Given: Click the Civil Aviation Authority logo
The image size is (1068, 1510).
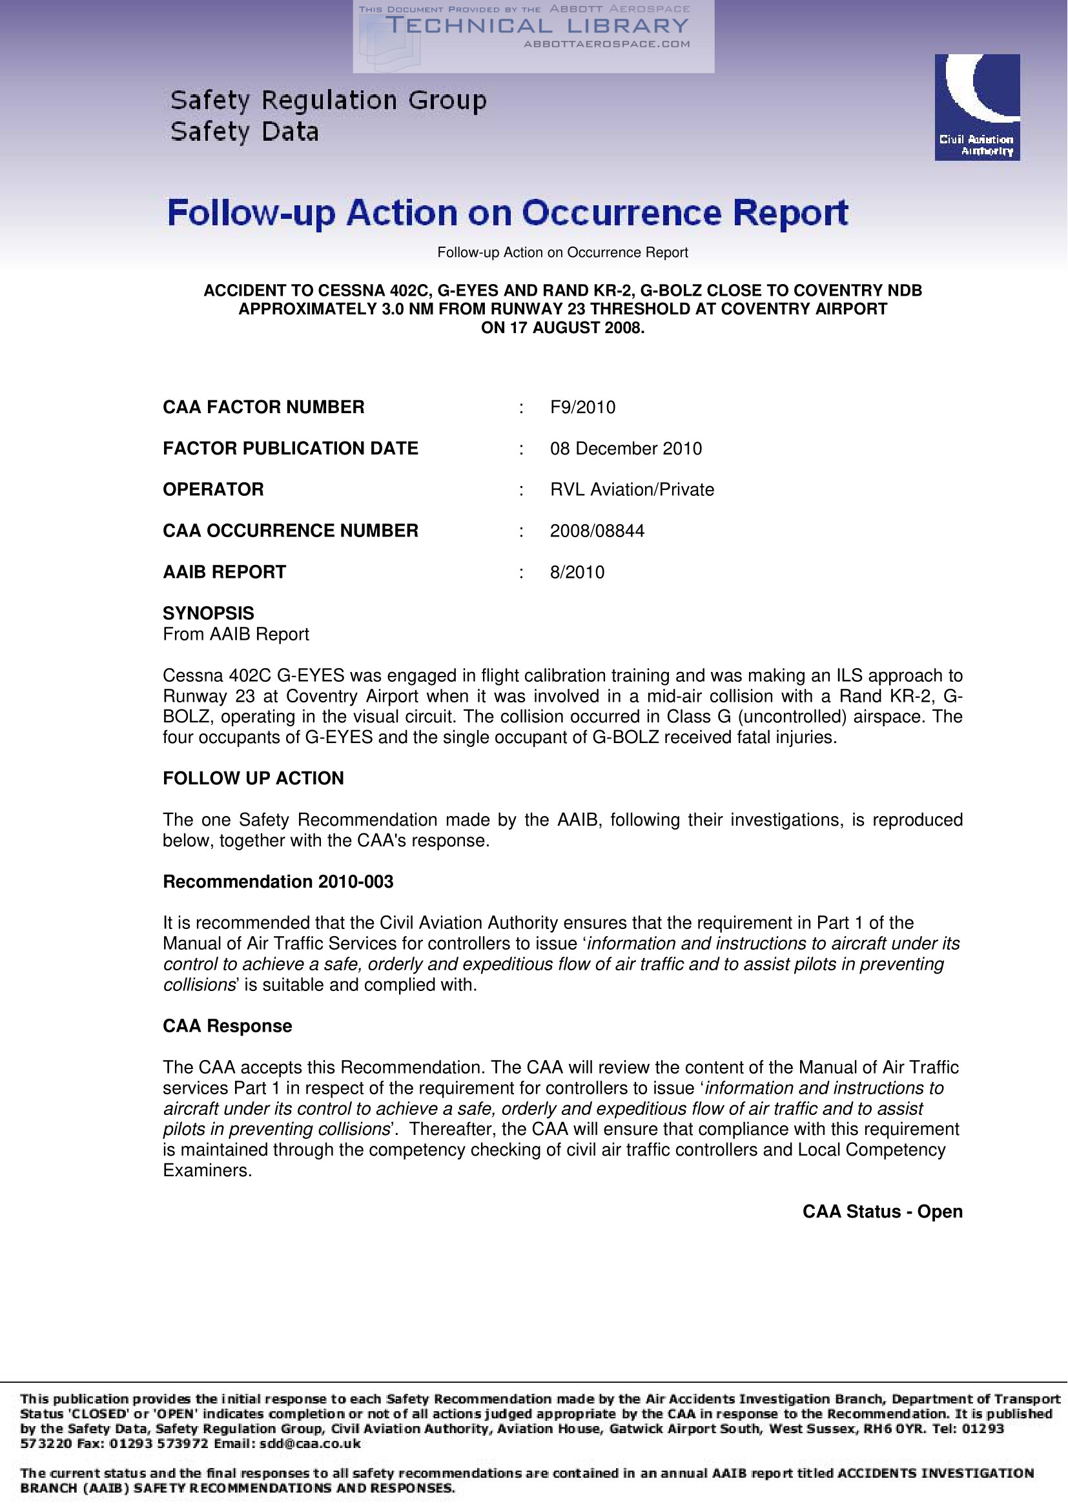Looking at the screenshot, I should pos(976,107).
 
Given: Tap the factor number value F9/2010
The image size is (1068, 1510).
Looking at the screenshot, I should pos(582,408).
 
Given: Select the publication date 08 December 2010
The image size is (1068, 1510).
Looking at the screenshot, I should pos(626,449).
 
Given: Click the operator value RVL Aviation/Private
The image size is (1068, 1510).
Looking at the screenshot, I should pos(632,490).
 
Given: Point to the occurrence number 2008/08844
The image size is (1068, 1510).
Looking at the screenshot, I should pos(597,531).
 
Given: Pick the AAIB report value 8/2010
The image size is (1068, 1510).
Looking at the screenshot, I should pos(577,572).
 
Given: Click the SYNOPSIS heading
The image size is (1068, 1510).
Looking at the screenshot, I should pos(209,613).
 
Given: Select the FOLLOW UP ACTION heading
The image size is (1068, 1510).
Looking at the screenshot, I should pos(253,779).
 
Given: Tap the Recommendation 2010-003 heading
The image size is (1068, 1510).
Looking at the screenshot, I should pos(278,882).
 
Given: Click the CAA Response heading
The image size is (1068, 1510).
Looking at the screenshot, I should pos(227,1026).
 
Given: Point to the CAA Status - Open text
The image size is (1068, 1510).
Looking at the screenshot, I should pos(882,1212).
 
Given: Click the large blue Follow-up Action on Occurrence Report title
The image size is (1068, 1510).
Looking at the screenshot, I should pos(508,213).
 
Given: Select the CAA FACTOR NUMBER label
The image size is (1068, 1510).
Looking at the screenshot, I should pos(263,408).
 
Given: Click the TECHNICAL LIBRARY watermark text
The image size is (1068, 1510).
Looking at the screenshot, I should pos(536,26).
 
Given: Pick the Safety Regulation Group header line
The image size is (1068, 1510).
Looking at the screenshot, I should pos(328,101).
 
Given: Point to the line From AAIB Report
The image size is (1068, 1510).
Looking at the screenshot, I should pos(236,635).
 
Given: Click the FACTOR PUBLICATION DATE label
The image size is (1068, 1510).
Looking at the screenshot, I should pos(290,449).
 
